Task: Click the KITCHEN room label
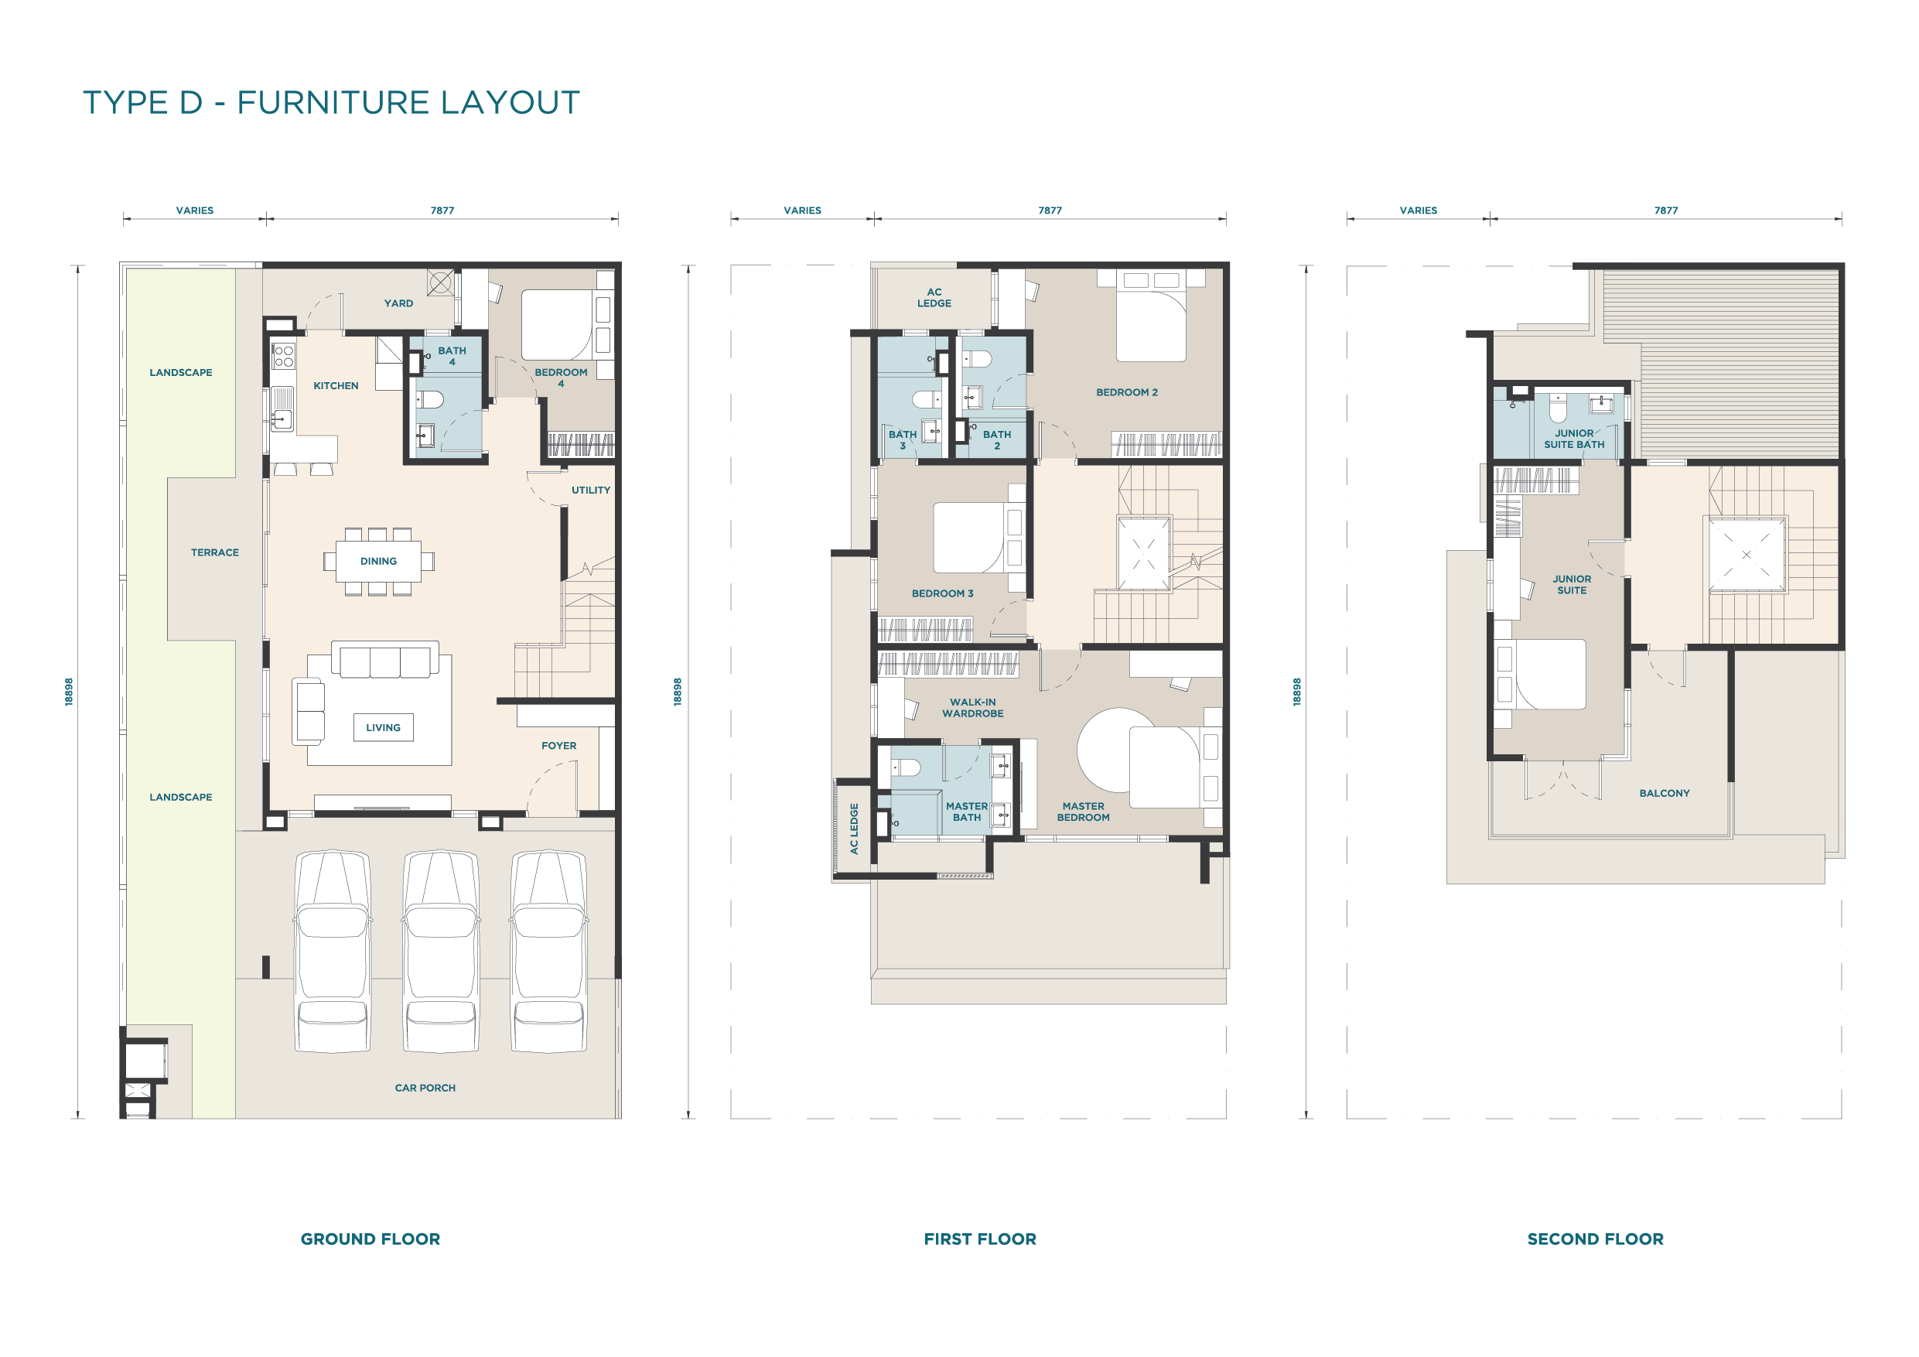pos(335,385)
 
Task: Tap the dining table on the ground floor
pos(379,561)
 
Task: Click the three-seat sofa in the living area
pos(384,660)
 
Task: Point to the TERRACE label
pos(215,552)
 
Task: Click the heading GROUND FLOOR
pos(370,1239)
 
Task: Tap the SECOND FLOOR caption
pos(1595,1239)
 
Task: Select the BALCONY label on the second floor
pos(1664,794)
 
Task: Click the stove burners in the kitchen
pos(283,356)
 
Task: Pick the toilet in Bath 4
pos(429,400)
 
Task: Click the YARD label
pos(398,303)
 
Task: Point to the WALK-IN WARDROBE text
pos(973,708)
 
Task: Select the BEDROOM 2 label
pos(1127,392)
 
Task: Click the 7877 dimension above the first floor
pos(1050,210)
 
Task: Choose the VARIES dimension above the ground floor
pos(195,210)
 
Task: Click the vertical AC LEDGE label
pos(854,829)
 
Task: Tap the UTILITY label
pos(591,490)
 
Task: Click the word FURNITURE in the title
pos(333,103)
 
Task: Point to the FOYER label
pos(558,746)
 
